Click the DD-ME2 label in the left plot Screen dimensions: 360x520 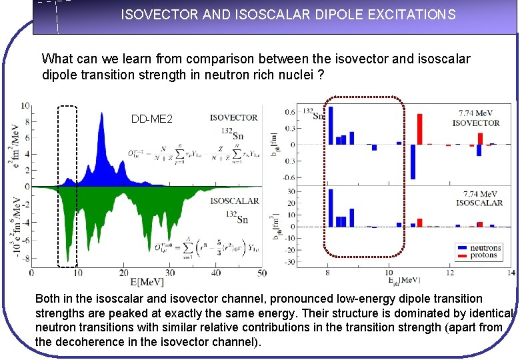(152, 119)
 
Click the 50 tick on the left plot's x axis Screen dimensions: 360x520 (261, 273)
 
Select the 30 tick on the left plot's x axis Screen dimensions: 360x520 (169, 273)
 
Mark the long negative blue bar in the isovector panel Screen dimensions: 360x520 (413, 161)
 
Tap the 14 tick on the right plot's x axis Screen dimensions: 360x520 (511, 273)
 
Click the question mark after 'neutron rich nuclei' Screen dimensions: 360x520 (321, 75)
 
